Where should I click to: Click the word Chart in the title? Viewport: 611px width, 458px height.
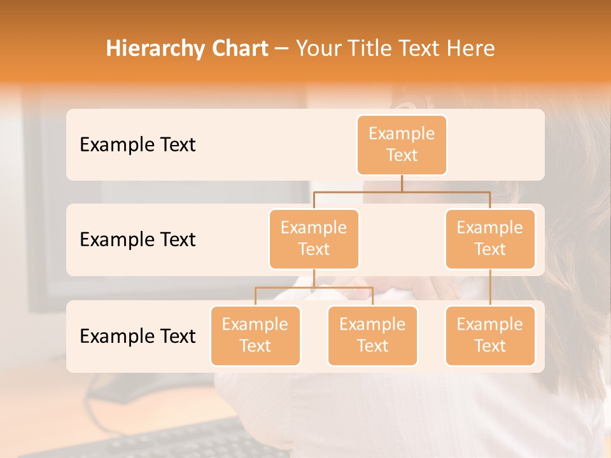tap(237, 48)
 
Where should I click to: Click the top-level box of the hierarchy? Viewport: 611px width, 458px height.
tap(402, 145)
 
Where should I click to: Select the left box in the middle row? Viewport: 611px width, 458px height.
tap(314, 239)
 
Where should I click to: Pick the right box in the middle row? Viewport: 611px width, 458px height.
tap(490, 239)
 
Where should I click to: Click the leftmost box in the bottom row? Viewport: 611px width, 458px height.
tap(255, 336)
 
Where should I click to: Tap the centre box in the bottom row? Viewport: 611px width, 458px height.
tap(372, 336)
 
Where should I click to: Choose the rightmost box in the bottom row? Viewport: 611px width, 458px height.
tap(490, 336)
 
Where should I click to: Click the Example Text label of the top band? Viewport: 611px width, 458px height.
tap(137, 145)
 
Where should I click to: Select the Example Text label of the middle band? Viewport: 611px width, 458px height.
tap(137, 240)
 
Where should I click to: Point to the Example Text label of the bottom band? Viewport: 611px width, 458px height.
tap(137, 336)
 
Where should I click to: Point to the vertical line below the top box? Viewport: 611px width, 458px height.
tap(402, 183)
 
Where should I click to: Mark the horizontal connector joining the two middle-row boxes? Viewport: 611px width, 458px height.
tap(402, 191)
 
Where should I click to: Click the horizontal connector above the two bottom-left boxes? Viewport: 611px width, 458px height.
tap(314, 288)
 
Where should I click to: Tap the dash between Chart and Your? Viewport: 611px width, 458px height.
tap(282, 49)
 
